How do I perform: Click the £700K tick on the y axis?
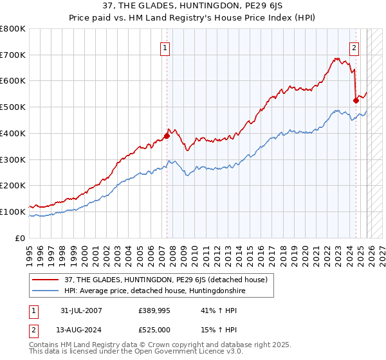(x=13, y=55)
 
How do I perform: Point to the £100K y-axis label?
(x=13, y=212)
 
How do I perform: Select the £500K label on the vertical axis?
(x=13, y=107)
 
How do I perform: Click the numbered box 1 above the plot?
(x=165, y=47)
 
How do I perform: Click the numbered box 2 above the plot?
(x=354, y=47)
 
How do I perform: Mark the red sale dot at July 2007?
(x=167, y=136)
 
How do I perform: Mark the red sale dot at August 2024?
(x=356, y=100)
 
